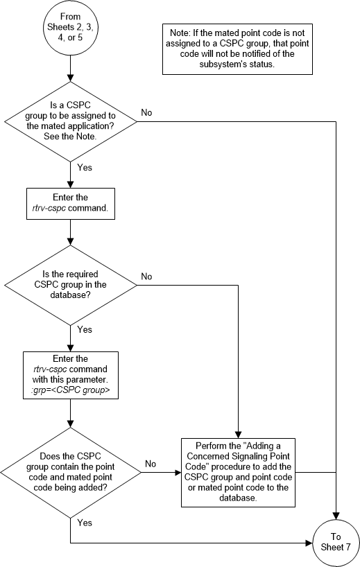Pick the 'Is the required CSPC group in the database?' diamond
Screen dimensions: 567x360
pyautogui.click(x=71, y=285)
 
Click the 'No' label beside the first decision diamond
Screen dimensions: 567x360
pyautogui.click(x=146, y=112)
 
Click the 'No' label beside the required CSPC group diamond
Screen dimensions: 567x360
pyautogui.click(x=146, y=276)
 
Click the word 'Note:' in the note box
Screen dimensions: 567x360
pyautogui.click(x=182, y=31)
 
